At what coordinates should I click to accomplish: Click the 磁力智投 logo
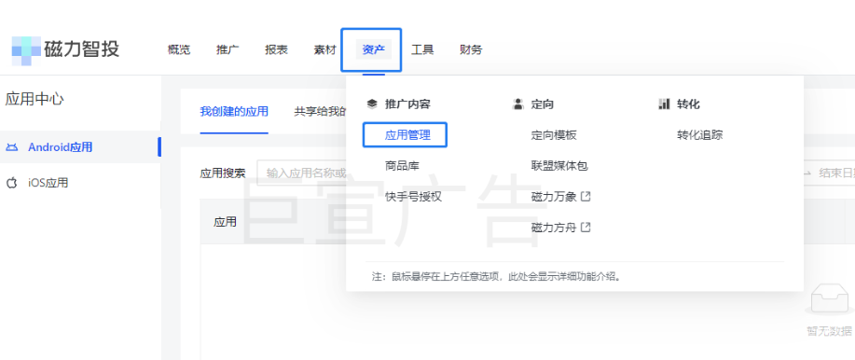pyautogui.click(x=65, y=49)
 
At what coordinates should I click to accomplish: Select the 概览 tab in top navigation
pyautogui.click(x=179, y=50)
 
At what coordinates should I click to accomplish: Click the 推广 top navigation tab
pyautogui.click(x=228, y=50)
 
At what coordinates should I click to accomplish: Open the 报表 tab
pyautogui.click(x=276, y=50)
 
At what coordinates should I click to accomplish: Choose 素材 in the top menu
pyautogui.click(x=324, y=50)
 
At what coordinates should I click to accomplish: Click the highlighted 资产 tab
pyautogui.click(x=373, y=50)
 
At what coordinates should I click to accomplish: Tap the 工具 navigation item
pyautogui.click(x=422, y=50)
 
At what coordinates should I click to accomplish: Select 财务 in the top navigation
pyautogui.click(x=471, y=50)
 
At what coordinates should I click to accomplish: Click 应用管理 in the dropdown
pyautogui.click(x=407, y=135)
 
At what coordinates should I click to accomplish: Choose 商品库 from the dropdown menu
pyautogui.click(x=402, y=166)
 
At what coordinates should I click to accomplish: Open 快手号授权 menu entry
pyautogui.click(x=413, y=197)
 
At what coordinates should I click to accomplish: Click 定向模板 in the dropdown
pyautogui.click(x=554, y=135)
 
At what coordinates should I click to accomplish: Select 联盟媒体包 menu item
pyautogui.click(x=559, y=166)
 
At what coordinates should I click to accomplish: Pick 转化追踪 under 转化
pyautogui.click(x=699, y=135)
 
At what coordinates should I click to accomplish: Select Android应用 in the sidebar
pyautogui.click(x=60, y=147)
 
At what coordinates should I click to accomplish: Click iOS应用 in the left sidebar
pyautogui.click(x=48, y=183)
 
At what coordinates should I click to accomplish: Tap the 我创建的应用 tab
pyautogui.click(x=234, y=112)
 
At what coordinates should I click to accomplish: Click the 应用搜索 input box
pyautogui.click(x=303, y=173)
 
